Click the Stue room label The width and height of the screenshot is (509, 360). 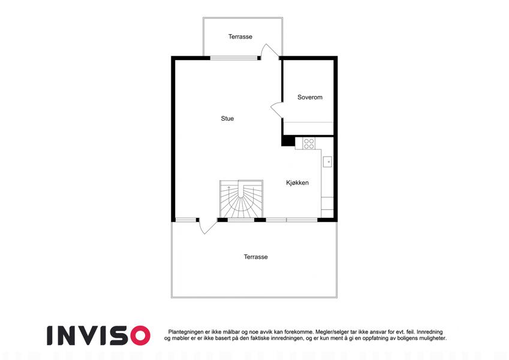tap(227, 119)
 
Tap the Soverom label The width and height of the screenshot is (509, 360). tap(310, 97)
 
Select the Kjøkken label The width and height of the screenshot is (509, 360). tap(297, 183)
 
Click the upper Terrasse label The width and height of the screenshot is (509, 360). tap(240, 37)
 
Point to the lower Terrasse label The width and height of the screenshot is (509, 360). tap(256, 257)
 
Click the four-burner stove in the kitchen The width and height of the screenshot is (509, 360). tap(309, 143)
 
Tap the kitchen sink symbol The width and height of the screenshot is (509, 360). tap(327, 161)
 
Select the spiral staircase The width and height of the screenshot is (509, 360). tap(241, 199)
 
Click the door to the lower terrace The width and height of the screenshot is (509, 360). tap(207, 226)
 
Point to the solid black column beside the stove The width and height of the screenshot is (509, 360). tap(288, 142)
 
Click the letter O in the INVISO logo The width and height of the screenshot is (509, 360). tap(139, 335)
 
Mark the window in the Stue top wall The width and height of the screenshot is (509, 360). tap(234, 58)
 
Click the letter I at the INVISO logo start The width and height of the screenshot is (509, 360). tap(50, 335)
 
